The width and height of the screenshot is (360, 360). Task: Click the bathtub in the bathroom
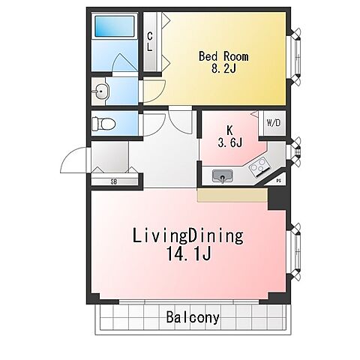pos(115,26)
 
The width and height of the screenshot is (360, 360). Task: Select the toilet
pos(103,124)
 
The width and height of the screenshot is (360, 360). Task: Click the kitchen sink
pos(222,176)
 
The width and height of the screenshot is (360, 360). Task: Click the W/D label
pos(274,123)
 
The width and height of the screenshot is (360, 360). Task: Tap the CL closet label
pos(149,42)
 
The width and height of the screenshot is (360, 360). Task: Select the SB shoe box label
pos(114,181)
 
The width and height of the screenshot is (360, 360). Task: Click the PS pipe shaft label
pos(278,181)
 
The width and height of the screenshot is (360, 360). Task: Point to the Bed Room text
pos(223,56)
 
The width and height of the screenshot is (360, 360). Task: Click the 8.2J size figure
pos(223,68)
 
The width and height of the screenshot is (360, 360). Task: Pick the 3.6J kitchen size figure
pos(229,142)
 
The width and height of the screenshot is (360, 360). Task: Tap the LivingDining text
pos(187,235)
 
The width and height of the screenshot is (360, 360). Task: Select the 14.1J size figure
pos(189,254)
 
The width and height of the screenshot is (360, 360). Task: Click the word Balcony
pos(193,317)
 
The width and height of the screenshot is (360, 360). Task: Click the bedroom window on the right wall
pos(296,57)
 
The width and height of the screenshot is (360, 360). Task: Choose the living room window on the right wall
pos(296,252)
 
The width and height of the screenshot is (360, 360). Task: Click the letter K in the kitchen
pos(229,130)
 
